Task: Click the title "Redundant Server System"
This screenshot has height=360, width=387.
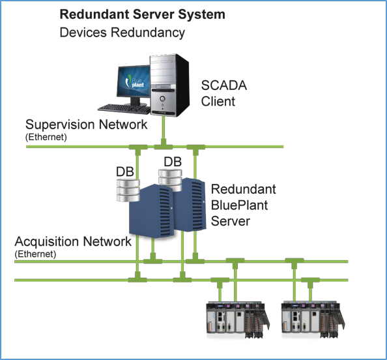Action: pos(143,14)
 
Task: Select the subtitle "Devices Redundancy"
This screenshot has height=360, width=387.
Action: pos(122,33)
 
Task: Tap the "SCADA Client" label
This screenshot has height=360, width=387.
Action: pos(224,93)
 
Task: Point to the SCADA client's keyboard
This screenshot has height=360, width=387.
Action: pos(124,109)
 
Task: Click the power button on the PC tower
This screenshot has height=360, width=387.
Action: pos(162,98)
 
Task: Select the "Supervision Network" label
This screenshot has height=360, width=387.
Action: pos(86,125)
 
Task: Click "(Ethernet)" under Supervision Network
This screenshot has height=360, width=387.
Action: pos(46,137)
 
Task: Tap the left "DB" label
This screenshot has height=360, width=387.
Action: pos(125,172)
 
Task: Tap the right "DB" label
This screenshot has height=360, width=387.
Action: pos(173,162)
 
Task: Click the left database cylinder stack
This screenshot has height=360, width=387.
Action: pos(128,190)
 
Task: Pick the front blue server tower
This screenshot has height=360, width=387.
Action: pos(150,211)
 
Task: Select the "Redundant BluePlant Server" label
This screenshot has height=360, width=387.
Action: pos(244,205)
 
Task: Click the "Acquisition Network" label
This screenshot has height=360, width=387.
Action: pos(73,241)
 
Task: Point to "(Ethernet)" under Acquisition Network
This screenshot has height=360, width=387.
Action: pos(36,254)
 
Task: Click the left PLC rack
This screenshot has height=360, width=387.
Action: pos(238,320)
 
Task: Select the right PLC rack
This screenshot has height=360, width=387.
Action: pos(313,320)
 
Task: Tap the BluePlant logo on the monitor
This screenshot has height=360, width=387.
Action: pos(135,82)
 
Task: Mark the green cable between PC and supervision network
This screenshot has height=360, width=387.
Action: pos(163,128)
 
